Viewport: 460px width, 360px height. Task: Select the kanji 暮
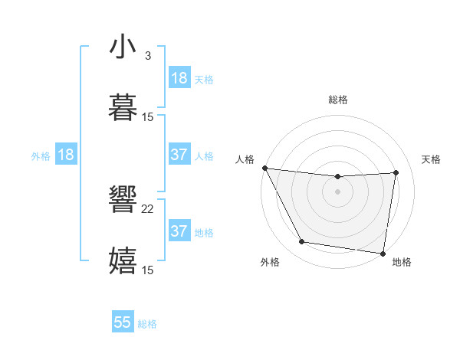[x=123, y=108]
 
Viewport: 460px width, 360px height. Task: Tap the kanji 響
[x=123, y=201]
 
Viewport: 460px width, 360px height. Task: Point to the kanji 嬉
[x=123, y=261]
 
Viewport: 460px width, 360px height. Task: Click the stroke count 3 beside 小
[x=148, y=55]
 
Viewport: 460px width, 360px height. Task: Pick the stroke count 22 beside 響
[x=148, y=209]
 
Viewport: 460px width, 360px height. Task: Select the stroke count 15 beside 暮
[x=148, y=116]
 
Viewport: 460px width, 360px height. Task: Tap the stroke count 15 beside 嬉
[x=148, y=270]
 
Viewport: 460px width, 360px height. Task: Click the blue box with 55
[x=123, y=322]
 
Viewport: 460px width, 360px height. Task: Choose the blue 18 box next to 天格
[x=179, y=78]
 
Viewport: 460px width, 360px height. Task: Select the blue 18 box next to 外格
[x=66, y=155]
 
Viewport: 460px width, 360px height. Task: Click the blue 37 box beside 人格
[x=179, y=155]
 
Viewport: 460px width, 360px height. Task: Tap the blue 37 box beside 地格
[x=179, y=231]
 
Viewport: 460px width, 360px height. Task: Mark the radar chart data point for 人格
[x=264, y=168]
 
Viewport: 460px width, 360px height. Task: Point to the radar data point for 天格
[x=396, y=172]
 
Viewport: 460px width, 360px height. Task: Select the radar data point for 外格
[x=301, y=242]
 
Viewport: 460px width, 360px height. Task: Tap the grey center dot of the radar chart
[x=337, y=191]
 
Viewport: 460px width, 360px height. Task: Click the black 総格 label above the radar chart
[x=337, y=100]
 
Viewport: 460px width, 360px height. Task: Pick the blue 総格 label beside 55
[x=147, y=324]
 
